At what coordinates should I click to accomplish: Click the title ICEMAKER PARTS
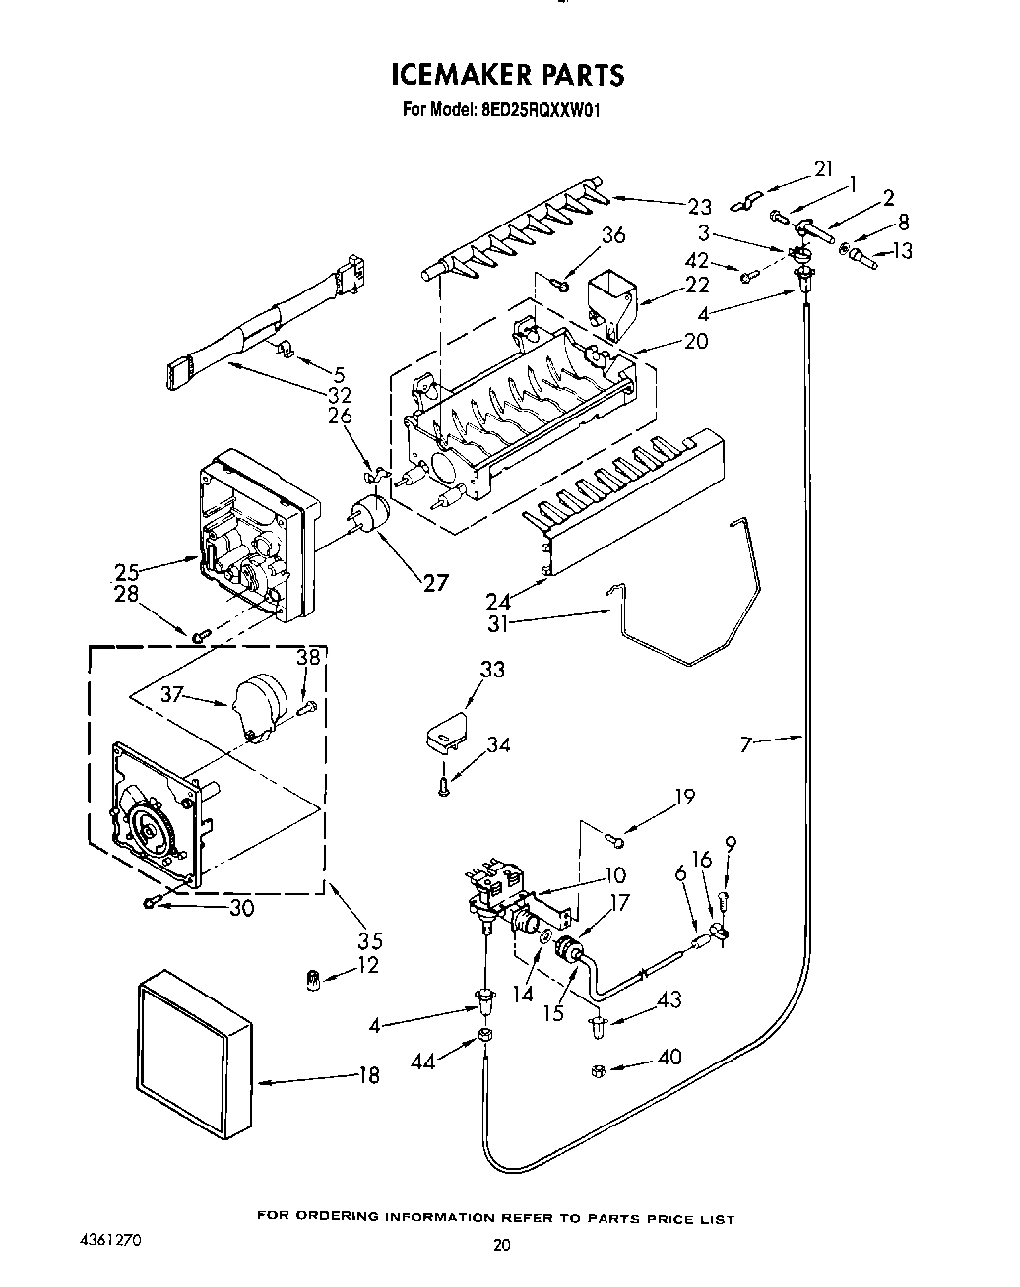[x=507, y=75]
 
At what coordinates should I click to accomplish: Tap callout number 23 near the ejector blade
[x=699, y=206]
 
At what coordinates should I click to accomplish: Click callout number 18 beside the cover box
[x=367, y=1076]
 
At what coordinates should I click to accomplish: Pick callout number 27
[x=434, y=582]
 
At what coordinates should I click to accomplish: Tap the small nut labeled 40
[x=598, y=1071]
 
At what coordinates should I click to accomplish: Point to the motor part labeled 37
[x=258, y=703]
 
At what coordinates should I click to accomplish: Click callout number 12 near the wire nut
[x=367, y=966]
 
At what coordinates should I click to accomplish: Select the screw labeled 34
[x=444, y=785]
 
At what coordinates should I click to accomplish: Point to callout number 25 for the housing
[x=126, y=570]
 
